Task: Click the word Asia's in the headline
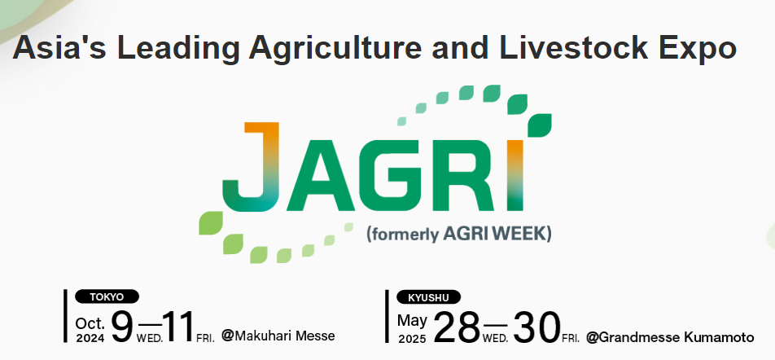pyautogui.click(x=59, y=47)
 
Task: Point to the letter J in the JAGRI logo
pyautogui.click(x=252, y=167)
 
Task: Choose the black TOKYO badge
pyautogui.click(x=107, y=296)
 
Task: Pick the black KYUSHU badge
pyautogui.click(x=428, y=297)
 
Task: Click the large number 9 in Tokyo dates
pyautogui.click(x=122, y=327)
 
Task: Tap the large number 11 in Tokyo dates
pyautogui.click(x=178, y=327)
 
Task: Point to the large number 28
pyautogui.click(x=457, y=327)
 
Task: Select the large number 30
pyautogui.click(x=536, y=327)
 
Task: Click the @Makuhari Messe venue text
pyautogui.click(x=278, y=336)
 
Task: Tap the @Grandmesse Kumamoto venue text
pyautogui.click(x=670, y=337)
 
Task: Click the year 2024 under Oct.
pyautogui.click(x=90, y=338)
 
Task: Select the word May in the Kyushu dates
pyautogui.click(x=412, y=321)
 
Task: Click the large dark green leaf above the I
pyautogui.click(x=540, y=125)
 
